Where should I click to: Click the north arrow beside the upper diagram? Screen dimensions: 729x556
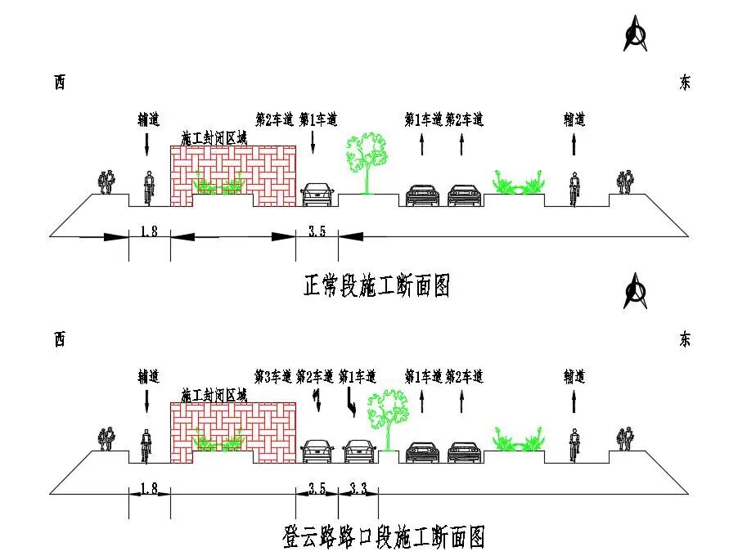(x=635, y=33)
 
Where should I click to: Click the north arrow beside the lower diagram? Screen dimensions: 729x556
(x=635, y=291)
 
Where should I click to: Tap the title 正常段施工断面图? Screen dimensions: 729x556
(x=376, y=285)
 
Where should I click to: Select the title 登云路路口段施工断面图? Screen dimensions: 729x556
(x=384, y=537)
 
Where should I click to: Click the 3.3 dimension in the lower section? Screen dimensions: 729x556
(x=358, y=488)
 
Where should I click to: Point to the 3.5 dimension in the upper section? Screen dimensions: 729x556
(x=317, y=231)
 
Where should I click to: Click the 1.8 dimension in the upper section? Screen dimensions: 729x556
(x=149, y=231)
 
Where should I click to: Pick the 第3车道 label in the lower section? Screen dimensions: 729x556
(x=273, y=376)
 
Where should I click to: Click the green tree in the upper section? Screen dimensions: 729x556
(x=367, y=163)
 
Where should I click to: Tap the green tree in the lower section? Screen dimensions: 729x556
(x=388, y=420)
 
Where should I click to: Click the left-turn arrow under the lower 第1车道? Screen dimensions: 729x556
(x=352, y=402)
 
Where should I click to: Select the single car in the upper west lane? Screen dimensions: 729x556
(x=317, y=195)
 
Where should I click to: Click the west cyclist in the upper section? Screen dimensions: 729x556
(x=149, y=188)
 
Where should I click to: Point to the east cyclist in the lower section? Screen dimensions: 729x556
(x=574, y=446)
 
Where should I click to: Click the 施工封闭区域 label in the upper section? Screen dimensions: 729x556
(x=214, y=138)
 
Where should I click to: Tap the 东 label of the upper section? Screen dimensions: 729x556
(x=684, y=83)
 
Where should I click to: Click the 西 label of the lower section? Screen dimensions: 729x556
(x=60, y=339)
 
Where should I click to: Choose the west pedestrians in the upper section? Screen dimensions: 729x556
(x=106, y=182)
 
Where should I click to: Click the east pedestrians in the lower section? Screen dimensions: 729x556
(x=625, y=439)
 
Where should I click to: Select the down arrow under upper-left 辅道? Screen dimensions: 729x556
(x=147, y=145)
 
